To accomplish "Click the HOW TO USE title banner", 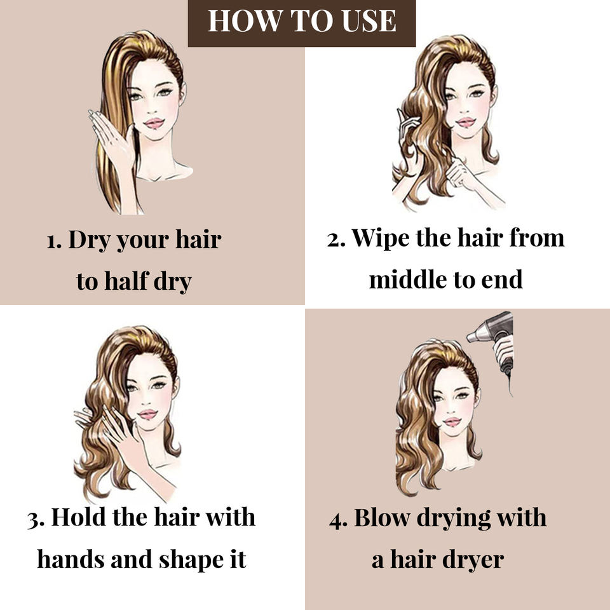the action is pos(302,23).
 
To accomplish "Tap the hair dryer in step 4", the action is pos(491,342).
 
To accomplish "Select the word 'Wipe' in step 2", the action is pos(380,238).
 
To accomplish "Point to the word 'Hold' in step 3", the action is pos(78,517).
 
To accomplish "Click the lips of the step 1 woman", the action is pos(154,123).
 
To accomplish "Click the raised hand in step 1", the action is pos(111,134).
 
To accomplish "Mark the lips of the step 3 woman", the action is pos(148,414).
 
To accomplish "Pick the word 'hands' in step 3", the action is pos(71,560).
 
